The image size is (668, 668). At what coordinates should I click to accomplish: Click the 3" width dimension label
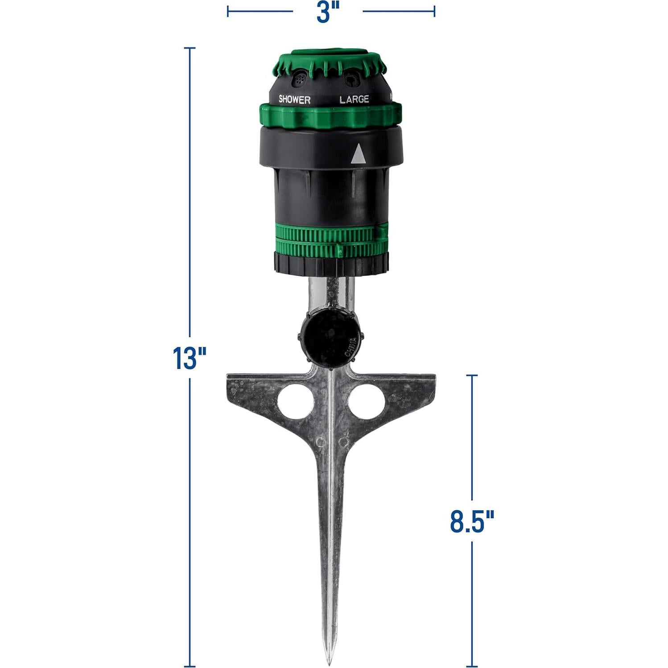(x=328, y=12)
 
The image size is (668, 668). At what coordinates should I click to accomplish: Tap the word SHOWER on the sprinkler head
(x=294, y=99)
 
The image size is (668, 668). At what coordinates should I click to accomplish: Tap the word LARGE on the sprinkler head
(x=354, y=99)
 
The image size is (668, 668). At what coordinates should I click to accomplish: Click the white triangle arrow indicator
(x=358, y=154)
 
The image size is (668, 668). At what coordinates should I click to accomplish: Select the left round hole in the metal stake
(x=293, y=400)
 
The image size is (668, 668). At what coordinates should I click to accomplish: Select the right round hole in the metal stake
(x=366, y=400)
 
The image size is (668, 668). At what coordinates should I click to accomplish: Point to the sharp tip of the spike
(x=328, y=660)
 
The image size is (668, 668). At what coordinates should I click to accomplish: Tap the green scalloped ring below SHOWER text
(x=330, y=116)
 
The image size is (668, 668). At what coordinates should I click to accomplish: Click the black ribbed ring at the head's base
(x=330, y=264)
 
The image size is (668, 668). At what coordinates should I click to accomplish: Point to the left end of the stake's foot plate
(x=230, y=379)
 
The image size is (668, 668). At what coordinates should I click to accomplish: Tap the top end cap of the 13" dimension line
(x=190, y=48)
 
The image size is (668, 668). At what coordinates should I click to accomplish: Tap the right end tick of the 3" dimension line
(x=434, y=11)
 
